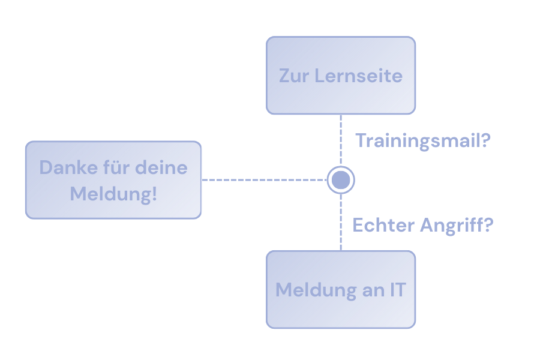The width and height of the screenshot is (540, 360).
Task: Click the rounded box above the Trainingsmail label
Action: tap(341, 75)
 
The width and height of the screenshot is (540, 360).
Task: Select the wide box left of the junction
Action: tap(113, 180)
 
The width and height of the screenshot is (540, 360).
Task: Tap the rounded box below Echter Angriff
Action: tap(341, 289)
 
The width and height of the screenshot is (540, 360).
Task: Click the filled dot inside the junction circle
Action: tap(341, 179)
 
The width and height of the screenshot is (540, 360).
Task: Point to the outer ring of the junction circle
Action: tap(341, 167)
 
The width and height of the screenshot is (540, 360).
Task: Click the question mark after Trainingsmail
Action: tap(487, 141)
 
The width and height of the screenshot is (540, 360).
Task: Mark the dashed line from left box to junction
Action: tap(264, 179)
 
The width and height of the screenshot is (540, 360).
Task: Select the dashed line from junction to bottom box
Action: tap(341, 222)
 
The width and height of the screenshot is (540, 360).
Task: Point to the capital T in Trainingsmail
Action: tap(362, 141)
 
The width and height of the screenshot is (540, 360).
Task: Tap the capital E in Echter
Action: tap(358, 226)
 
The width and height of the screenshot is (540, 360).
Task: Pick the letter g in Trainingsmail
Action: tap(424, 144)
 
